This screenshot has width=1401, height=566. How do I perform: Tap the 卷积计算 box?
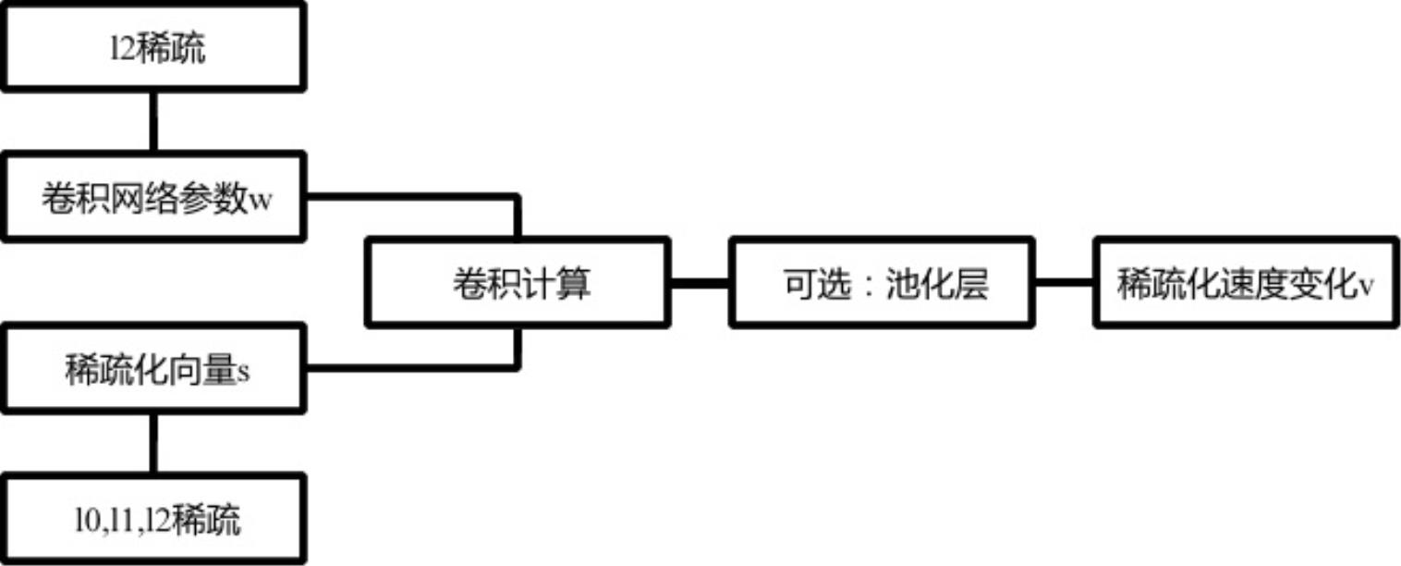click(x=518, y=283)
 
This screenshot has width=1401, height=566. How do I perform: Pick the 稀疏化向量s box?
click(x=152, y=368)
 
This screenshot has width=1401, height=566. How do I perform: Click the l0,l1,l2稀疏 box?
click(x=152, y=520)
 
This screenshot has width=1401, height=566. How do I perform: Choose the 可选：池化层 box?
click(x=882, y=283)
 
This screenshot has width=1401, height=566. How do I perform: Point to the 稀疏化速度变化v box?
click(x=1246, y=283)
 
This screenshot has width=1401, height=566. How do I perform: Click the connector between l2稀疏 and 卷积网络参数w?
click(x=152, y=122)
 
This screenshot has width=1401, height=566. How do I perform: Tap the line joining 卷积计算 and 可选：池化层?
click(x=700, y=283)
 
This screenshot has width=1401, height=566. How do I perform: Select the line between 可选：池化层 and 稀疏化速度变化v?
click(x=1064, y=283)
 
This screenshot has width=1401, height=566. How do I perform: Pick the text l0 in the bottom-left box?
click(x=84, y=521)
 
